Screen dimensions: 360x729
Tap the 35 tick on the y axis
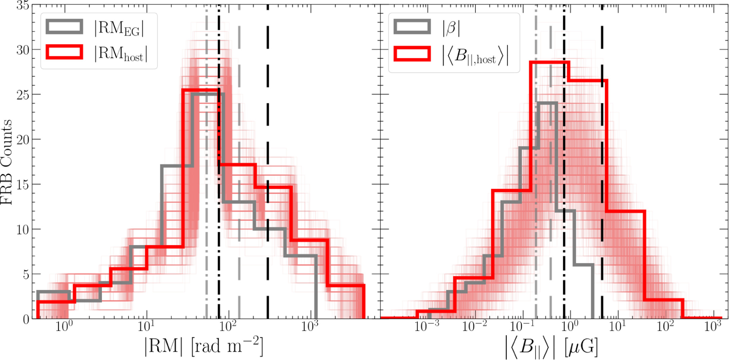(x=23, y=5)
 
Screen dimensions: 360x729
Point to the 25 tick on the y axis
(x=23, y=95)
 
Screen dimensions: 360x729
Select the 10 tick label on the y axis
(x=23, y=230)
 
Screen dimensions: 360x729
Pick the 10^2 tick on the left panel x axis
(x=227, y=326)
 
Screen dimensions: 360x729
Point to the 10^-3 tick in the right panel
(x=426, y=326)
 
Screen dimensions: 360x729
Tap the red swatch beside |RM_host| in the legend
(x=64, y=52)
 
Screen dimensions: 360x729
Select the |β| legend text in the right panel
(x=451, y=28)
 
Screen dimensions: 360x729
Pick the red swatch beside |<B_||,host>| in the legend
(x=412, y=54)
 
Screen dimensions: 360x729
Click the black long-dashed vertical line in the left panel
(x=268, y=135)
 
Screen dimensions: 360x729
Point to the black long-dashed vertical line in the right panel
(x=602, y=135)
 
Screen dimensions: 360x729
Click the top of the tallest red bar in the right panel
(x=549, y=62)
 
